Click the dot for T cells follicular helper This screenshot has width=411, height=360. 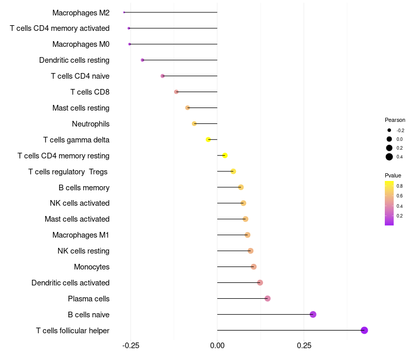click(364, 330)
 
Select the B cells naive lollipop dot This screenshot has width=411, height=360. click(313, 314)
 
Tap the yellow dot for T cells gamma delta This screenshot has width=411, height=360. click(208, 139)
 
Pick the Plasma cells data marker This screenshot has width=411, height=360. click(267, 298)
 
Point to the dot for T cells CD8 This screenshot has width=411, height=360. click(176, 92)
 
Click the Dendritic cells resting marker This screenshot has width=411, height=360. click(142, 60)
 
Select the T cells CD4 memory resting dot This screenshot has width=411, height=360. click(225, 155)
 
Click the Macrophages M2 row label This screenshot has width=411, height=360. click(81, 12)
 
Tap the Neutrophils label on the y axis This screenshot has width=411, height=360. click(90, 124)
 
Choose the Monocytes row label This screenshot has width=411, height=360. click(91, 267)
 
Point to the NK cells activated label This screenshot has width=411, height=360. click(80, 203)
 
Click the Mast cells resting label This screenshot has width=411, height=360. click(81, 108)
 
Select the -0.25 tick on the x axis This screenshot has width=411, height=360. click(130, 345)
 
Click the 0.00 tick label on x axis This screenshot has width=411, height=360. click(217, 345)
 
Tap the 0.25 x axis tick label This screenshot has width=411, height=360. click(304, 345)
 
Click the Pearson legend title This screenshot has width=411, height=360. click(395, 120)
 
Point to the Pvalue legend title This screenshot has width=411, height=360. click(393, 175)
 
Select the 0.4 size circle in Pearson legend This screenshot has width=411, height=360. click(389, 157)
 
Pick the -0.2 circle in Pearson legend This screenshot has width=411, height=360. click(389, 130)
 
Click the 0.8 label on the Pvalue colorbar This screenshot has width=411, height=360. click(400, 186)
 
